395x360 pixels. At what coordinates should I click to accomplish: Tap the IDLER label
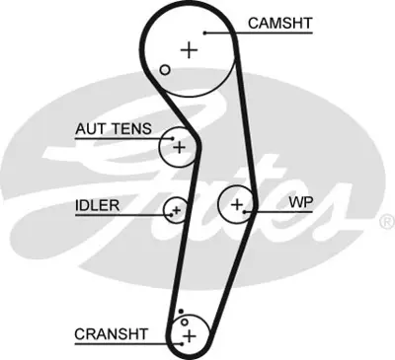click(97, 205)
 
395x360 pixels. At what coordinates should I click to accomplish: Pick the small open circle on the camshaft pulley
click(165, 69)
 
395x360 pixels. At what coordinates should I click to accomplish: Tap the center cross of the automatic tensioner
click(179, 148)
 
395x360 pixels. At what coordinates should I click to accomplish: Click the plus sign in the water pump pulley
click(237, 204)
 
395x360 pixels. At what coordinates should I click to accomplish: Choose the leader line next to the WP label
click(269, 211)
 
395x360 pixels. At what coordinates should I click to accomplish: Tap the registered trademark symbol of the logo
click(386, 222)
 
